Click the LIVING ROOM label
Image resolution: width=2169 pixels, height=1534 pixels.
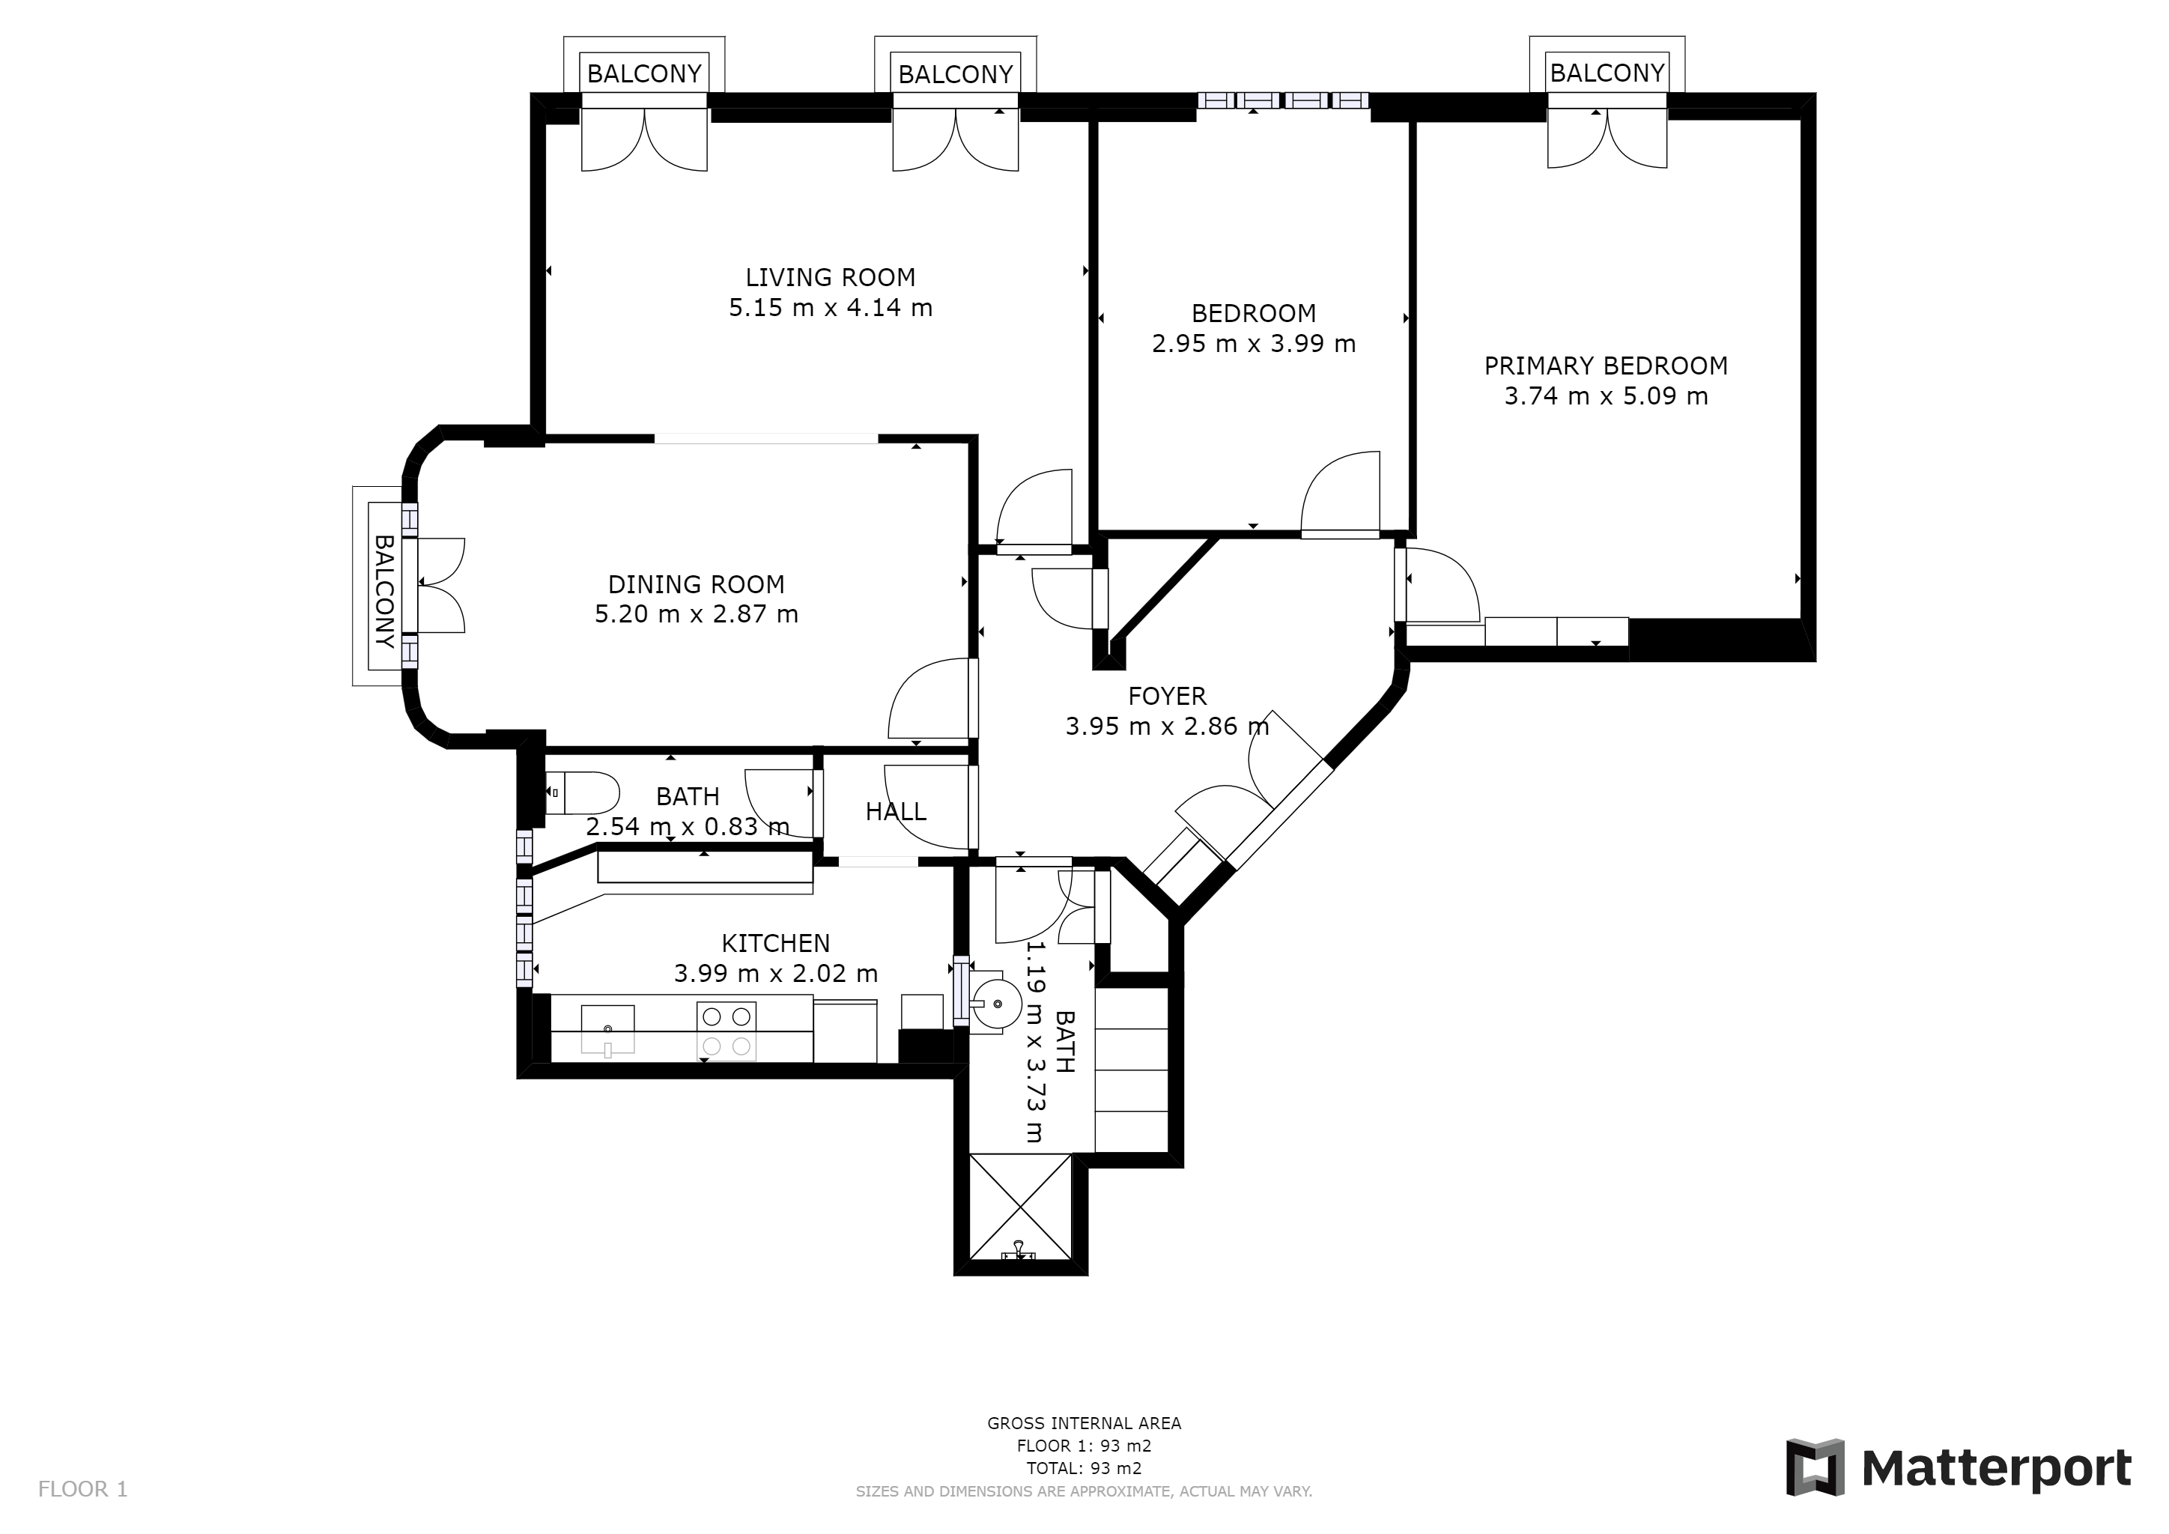(x=831, y=278)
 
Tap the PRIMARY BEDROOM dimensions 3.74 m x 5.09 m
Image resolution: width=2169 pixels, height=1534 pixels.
(x=1606, y=395)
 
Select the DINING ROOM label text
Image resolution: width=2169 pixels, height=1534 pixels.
(x=697, y=585)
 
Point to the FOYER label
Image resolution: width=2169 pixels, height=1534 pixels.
(x=1168, y=696)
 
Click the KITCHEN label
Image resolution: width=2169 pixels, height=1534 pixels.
(x=776, y=943)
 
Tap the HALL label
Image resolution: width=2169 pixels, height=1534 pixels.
(x=896, y=811)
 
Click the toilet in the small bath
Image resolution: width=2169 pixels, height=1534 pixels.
(x=582, y=793)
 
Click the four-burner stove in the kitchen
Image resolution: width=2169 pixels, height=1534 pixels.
(x=726, y=1031)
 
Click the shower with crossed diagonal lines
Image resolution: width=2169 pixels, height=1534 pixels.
(x=1021, y=1207)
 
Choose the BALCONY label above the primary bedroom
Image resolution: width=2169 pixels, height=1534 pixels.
(x=1607, y=73)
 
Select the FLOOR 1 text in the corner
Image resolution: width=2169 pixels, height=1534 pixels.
(x=82, y=1490)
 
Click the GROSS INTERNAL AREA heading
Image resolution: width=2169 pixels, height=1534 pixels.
(x=1084, y=1423)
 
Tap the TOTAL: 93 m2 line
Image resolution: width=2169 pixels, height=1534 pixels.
(x=1084, y=1469)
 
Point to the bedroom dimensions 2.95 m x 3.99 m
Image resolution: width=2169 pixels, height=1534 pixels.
(x=1254, y=344)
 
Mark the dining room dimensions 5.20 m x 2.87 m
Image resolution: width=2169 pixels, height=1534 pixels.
(x=697, y=614)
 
